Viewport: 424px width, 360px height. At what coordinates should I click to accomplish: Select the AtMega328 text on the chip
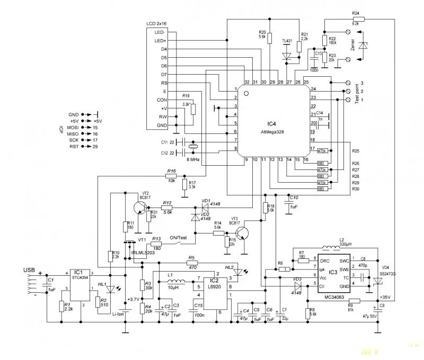pos(273,133)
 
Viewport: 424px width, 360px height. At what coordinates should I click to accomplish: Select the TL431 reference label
pos(287,41)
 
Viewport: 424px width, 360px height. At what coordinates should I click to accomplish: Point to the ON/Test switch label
pos(179,238)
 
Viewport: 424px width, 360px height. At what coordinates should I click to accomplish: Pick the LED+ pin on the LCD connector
pos(160,41)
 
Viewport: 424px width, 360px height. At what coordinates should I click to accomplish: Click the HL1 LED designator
pos(102,284)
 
